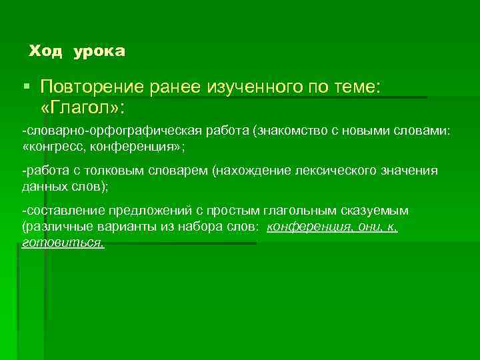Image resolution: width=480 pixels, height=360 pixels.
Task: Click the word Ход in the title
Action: pos(45,51)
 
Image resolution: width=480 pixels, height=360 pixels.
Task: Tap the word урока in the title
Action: pos(100,51)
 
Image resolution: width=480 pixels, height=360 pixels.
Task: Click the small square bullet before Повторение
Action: pos(26,86)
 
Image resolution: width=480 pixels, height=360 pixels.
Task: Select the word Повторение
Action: pos(89,86)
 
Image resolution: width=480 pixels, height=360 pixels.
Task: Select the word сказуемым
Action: pos(374,210)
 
